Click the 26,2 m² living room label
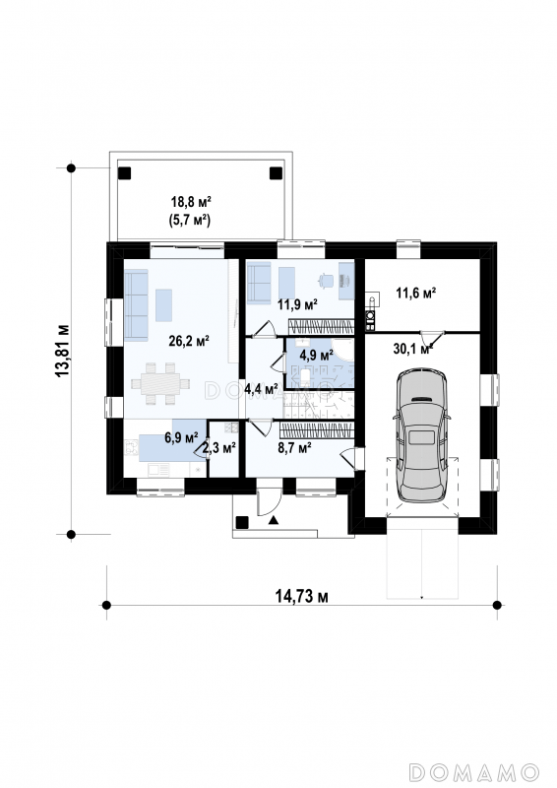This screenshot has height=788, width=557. coord(189,342)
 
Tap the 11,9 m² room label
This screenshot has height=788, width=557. coord(298,304)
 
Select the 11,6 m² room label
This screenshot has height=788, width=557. coord(416,293)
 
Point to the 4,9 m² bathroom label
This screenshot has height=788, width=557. coord(317,356)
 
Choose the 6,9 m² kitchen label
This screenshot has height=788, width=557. coord(181,437)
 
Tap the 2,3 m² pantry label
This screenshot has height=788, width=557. coord(219,448)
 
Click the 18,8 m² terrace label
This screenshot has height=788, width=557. coord(191,202)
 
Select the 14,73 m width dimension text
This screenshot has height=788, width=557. coord(302,596)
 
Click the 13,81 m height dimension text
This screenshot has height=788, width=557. coord(63,351)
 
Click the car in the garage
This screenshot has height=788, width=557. coord(421,435)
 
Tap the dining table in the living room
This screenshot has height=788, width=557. coord(160,383)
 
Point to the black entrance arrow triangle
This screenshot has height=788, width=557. coord(274,520)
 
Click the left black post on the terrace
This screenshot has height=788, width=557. coord(124,173)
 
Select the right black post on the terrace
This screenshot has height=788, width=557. coord(276,173)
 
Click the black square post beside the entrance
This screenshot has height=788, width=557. coord(242,522)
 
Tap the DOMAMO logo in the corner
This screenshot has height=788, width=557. coord(474,771)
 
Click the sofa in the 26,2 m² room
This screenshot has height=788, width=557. coord(136,304)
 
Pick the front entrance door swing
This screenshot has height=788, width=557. coord(269,501)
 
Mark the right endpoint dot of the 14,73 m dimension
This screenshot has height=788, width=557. coord(497,605)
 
